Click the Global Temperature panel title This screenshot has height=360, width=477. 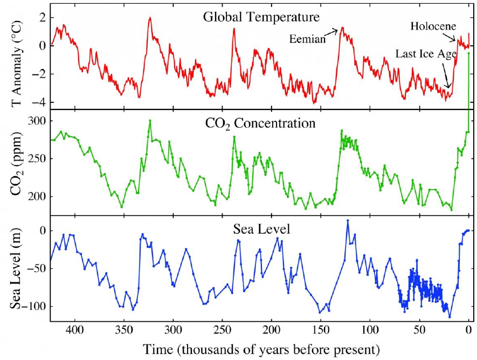(x=261, y=17)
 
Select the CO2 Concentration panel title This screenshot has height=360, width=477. (x=260, y=123)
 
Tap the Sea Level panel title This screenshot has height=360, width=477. (x=261, y=230)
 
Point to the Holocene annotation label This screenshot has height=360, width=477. (x=433, y=26)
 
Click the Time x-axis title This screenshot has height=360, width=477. (x=261, y=349)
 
